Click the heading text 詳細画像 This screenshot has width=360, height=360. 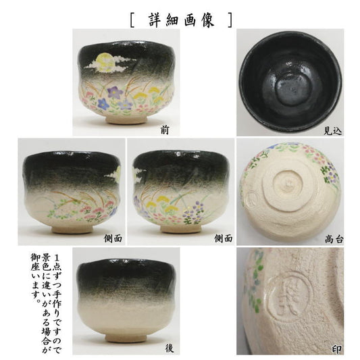181,20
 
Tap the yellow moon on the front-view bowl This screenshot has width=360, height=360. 104,60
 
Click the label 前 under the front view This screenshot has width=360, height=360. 165,130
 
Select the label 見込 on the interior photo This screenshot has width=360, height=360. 333,131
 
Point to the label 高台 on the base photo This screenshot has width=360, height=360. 334,240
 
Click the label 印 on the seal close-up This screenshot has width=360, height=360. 337,349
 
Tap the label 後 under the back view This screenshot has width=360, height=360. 170,349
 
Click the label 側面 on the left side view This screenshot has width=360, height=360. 113,238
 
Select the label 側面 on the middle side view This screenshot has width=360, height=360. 224,238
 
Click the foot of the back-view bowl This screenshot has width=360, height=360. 126,338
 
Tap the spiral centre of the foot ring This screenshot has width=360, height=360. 286,183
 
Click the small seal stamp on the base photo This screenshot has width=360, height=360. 252,197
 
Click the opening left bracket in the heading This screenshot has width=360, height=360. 132,20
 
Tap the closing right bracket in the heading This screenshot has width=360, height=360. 230,20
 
